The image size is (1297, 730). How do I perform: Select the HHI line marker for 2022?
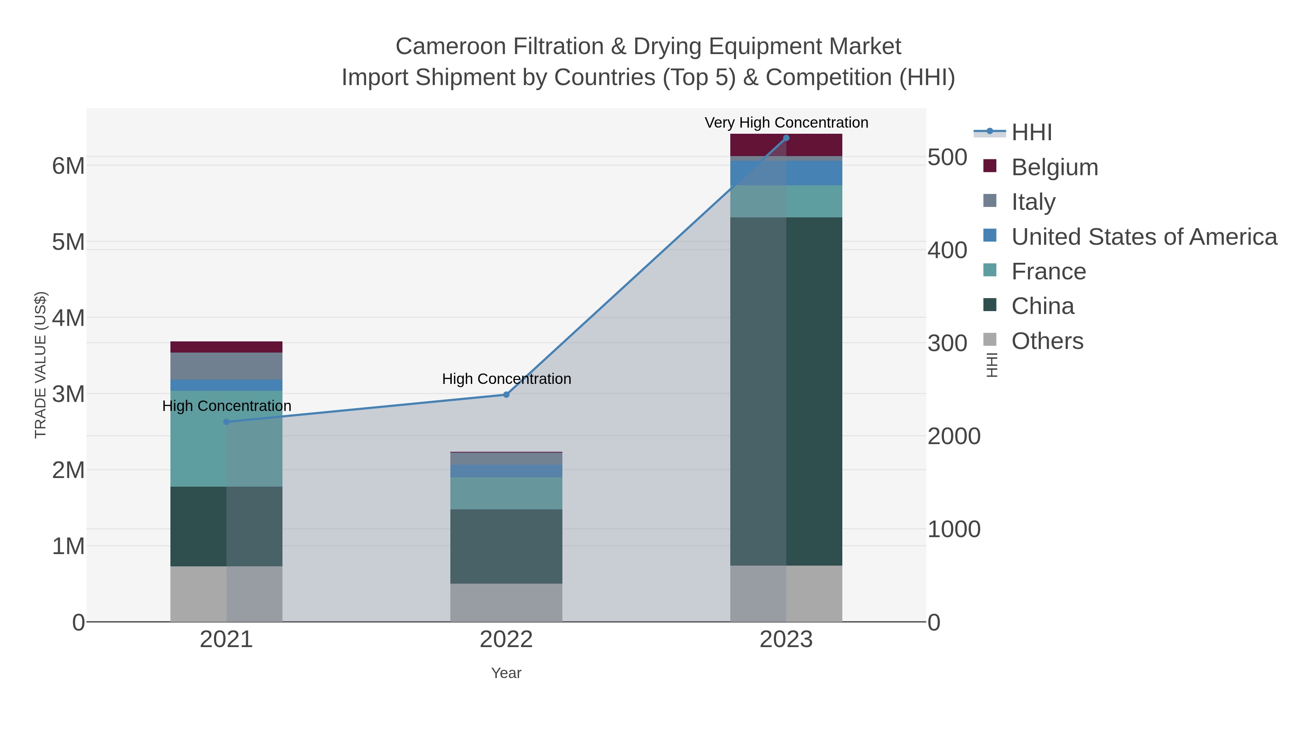pos(506,394)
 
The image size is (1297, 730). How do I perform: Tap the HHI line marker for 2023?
pos(786,138)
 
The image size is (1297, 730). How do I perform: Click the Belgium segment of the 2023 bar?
pos(786,145)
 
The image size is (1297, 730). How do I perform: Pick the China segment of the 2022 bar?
pos(506,546)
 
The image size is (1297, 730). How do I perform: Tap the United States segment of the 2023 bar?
pos(786,173)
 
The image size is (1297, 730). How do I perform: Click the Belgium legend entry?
pos(1054,167)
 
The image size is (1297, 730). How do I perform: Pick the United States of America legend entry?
pos(1144,237)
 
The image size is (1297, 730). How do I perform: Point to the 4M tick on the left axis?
pos(68,318)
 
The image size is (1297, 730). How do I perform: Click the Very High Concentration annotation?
pos(786,123)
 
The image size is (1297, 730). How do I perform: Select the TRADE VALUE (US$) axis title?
pos(41,365)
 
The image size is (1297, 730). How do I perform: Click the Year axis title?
pos(506,673)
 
